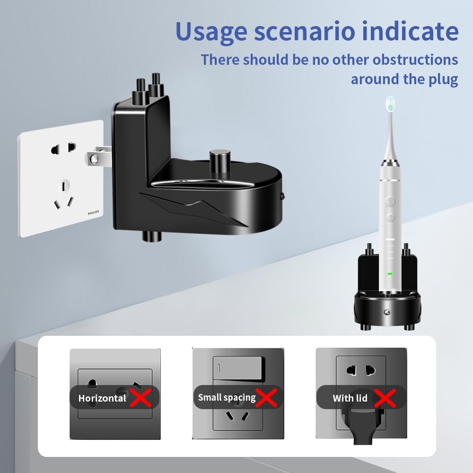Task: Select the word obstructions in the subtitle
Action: coord(415,60)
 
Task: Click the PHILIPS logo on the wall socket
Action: coord(93,213)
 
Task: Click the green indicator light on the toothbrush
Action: coord(390,273)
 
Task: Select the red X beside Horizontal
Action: coord(140,398)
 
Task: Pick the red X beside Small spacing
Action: coord(266,398)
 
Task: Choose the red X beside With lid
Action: coord(385,398)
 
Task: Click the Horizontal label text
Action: coord(102,398)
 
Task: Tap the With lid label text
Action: coord(350,398)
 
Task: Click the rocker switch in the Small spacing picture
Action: coord(238,368)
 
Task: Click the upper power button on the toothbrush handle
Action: coord(390,201)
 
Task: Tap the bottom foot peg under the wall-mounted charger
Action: coord(152,236)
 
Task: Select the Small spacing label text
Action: coord(227,398)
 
